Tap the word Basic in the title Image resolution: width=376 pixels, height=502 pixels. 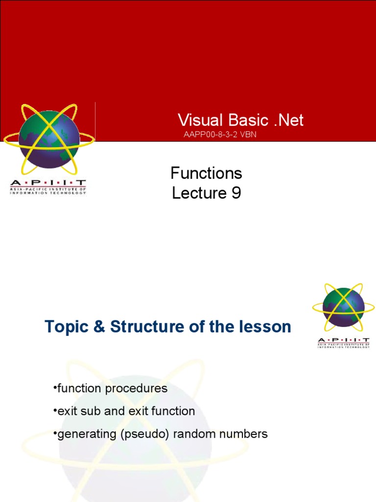[248, 120]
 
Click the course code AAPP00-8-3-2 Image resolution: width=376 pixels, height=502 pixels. [211, 134]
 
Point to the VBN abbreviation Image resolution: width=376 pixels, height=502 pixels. [248, 134]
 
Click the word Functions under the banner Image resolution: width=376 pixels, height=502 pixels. [206, 173]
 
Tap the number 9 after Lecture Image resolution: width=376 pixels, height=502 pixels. [236, 193]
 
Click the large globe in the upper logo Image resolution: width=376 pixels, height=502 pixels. [49, 139]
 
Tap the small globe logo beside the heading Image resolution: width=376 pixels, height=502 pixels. [343, 307]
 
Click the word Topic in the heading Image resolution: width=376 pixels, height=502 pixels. [67, 327]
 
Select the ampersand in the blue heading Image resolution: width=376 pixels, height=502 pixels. [99, 327]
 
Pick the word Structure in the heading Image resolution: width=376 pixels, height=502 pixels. [147, 327]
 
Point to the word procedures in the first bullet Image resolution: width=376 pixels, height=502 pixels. [136, 389]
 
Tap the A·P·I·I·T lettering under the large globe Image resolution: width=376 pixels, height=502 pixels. [48, 183]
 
